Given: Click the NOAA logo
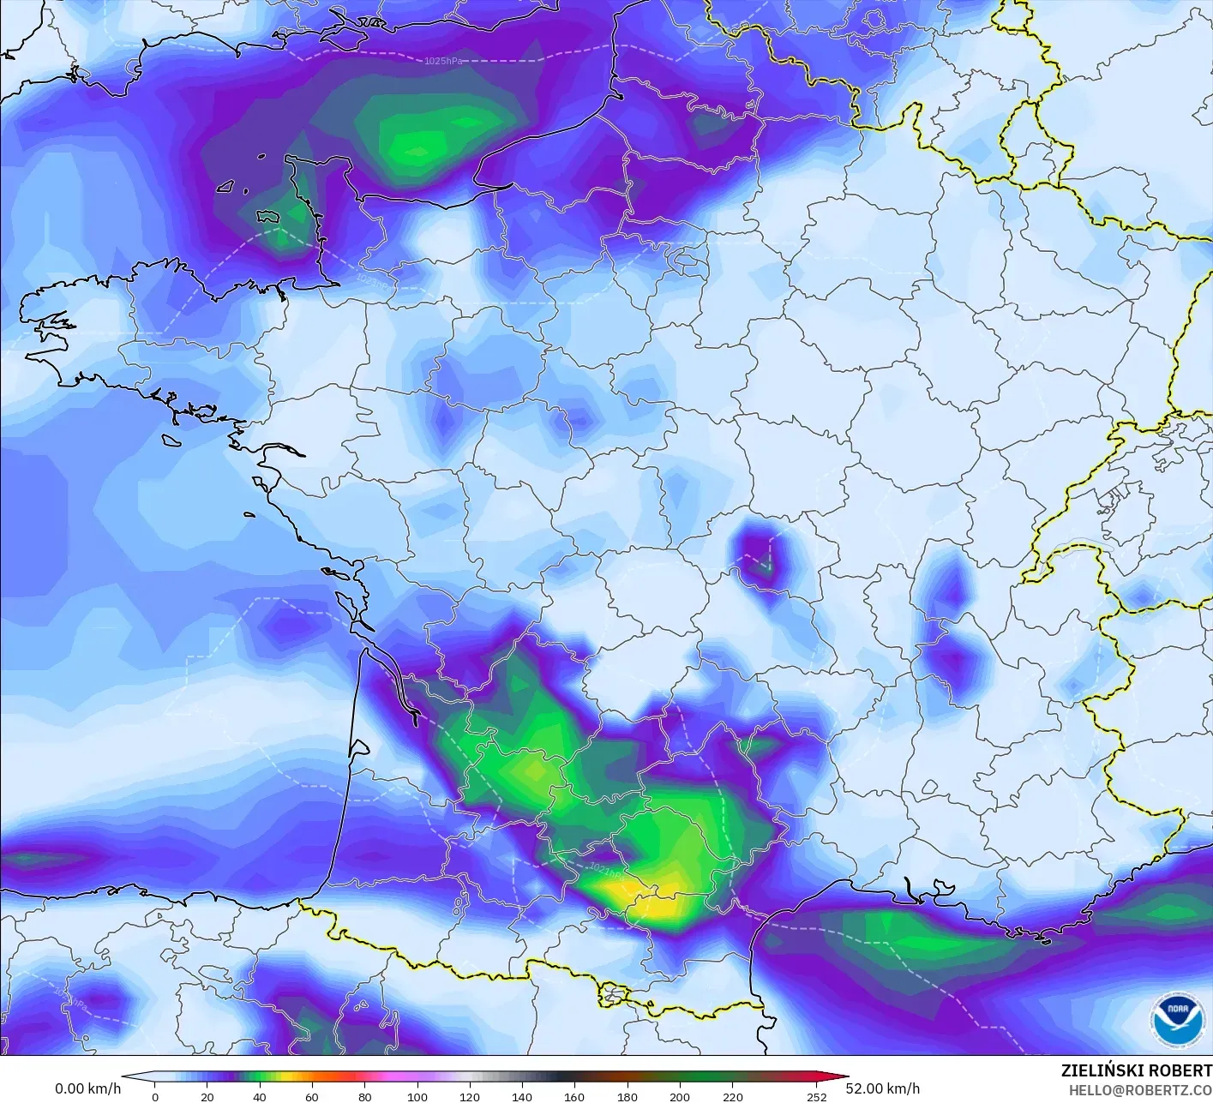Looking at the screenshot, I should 1176,1020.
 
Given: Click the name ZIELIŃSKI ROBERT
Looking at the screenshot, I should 1136,1070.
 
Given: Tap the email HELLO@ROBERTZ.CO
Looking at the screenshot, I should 1140,1089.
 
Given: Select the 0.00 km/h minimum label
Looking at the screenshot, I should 87,1088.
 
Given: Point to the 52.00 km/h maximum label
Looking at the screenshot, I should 882,1088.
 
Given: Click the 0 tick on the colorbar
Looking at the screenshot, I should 155,1096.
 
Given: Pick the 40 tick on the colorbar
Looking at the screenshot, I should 260,1096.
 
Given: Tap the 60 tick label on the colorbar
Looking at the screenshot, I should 312,1096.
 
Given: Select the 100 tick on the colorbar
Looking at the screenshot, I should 417,1096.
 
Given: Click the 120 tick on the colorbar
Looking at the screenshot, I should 470,1096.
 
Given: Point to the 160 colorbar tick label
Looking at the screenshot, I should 574,1096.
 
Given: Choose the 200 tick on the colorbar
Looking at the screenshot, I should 680,1096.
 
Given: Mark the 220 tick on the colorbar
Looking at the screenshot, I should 732,1096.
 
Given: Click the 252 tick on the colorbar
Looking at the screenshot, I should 816,1096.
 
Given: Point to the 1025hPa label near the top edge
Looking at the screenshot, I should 443,61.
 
